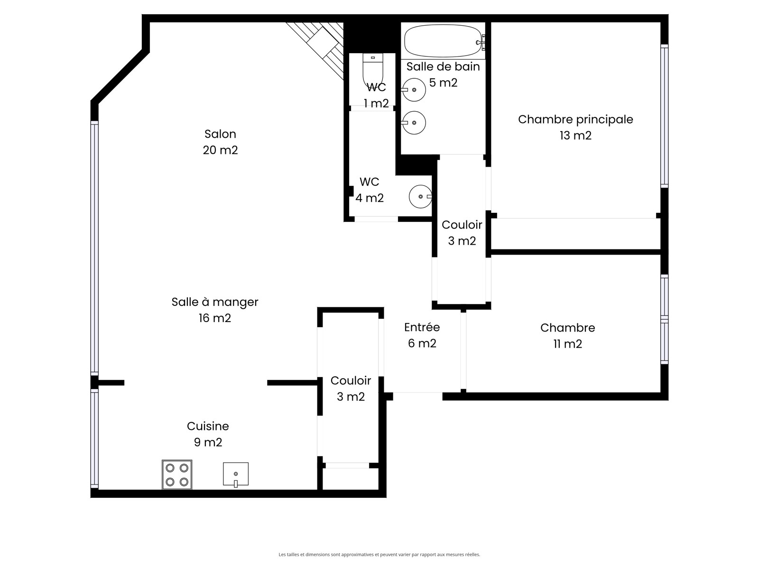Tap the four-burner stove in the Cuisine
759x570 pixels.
[x=176, y=475]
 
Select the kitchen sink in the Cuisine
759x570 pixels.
[x=235, y=475]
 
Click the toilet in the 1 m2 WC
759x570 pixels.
[x=373, y=69]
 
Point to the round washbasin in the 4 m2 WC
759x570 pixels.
[x=420, y=196]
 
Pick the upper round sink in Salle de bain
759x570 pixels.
[x=414, y=90]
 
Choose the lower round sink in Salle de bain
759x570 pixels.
[x=414, y=123]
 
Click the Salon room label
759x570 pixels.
[x=220, y=134]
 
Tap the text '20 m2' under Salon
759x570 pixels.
[x=220, y=150]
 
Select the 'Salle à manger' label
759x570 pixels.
[x=215, y=302]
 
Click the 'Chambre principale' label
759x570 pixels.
[x=575, y=119]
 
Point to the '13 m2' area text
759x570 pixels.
[x=575, y=135]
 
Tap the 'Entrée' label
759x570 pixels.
[x=422, y=327]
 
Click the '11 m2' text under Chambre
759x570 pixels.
[x=567, y=343]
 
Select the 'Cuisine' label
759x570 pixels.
[x=208, y=426]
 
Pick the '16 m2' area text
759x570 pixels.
[x=215, y=318]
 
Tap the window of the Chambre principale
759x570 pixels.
[x=664, y=116]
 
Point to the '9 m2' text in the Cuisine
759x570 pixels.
[x=208, y=442]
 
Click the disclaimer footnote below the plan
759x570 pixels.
[x=379, y=554]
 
